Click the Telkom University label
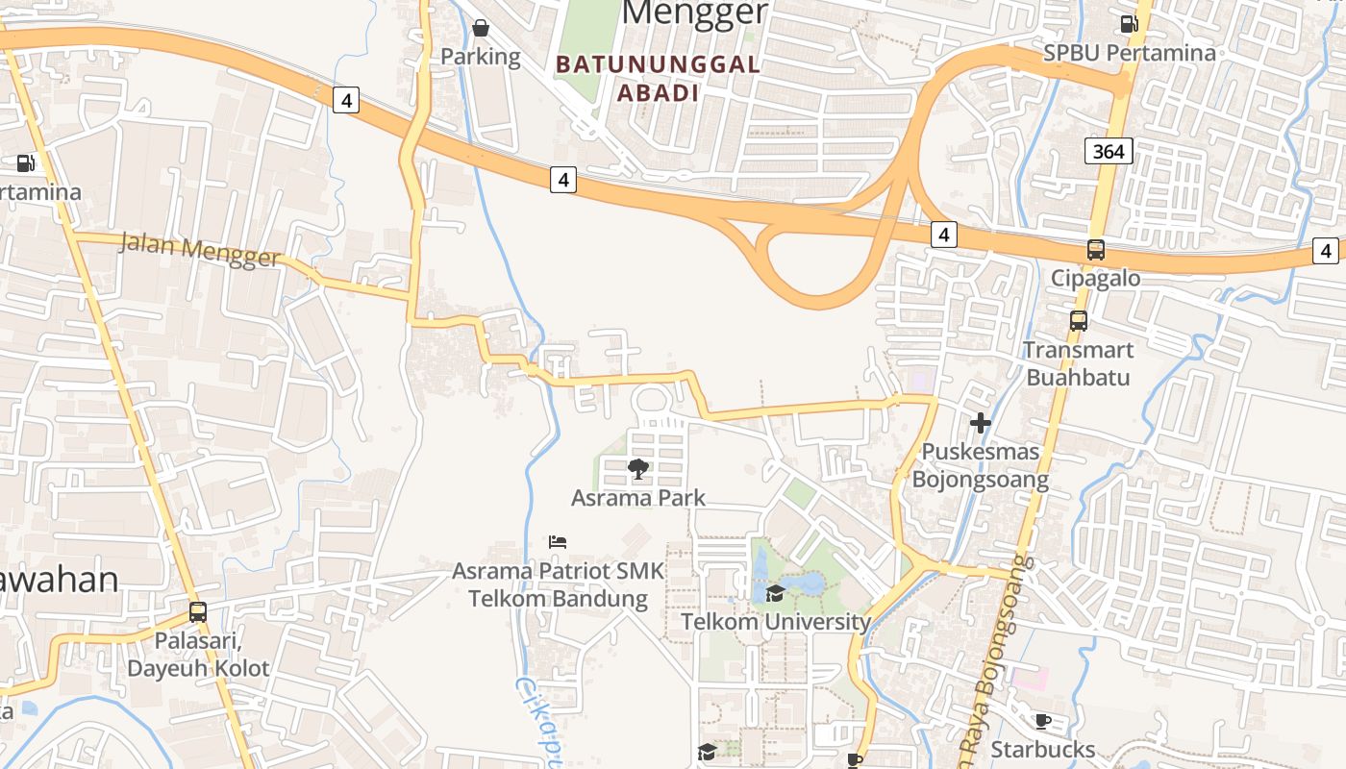776,622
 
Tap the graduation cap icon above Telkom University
775,593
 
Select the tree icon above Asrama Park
637,469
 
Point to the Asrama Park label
638,498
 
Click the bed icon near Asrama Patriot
558,542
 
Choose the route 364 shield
1109,151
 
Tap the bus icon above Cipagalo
1095,250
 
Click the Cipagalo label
1095,279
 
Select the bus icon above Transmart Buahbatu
1079,321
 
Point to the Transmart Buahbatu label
1078,363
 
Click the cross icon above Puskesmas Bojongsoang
981,423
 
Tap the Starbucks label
1043,750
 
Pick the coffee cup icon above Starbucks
1043,721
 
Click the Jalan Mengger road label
200,250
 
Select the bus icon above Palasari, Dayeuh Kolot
198,611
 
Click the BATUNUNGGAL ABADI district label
659,79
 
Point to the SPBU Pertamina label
1130,52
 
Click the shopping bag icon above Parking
481,28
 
